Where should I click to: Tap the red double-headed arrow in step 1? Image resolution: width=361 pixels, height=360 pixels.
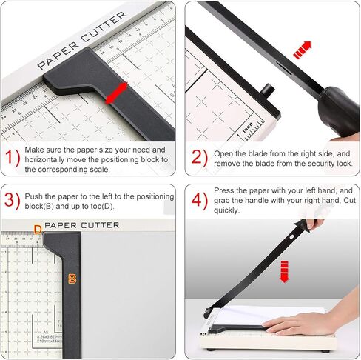pyautogui.click(x=115, y=93)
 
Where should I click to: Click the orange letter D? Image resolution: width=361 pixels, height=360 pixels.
pyautogui.click(x=38, y=230)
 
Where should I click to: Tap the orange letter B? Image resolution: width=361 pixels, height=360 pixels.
pyautogui.click(x=72, y=279)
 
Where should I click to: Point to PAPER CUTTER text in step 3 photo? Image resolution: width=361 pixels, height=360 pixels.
pyautogui.click(x=81, y=224)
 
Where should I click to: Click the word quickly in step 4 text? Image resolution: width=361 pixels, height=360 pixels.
pyautogui.click(x=227, y=210)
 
